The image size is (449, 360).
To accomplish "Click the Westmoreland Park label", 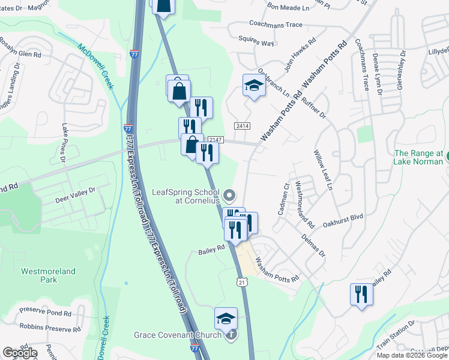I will pyautogui.click(x=48, y=275).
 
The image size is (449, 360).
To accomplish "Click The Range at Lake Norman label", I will pyautogui.click(x=419, y=157).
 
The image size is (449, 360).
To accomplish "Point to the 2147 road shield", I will pyautogui.click(x=216, y=140).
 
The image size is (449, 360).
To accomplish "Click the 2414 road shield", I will pyautogui.click(x=243, y=126).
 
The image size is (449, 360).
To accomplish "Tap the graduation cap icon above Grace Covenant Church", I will pyautogui.click(x=226, y=318).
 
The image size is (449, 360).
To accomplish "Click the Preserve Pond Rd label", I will pyautogui.click(x=45, y=313).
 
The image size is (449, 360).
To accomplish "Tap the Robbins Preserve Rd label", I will pyautogui.click(x=50, y=328).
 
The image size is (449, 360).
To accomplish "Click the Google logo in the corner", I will pyautogui.click(x=20, y=353).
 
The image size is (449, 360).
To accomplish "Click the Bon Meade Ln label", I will pyautogui.click(x=288, y=7).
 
